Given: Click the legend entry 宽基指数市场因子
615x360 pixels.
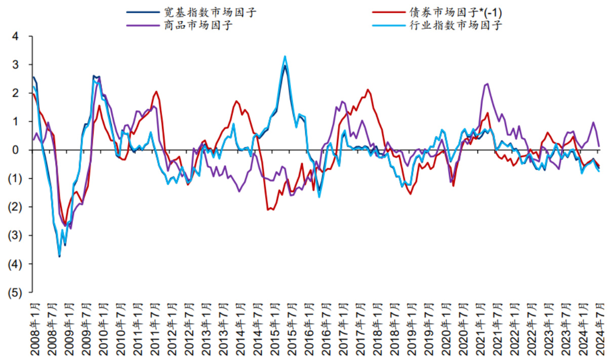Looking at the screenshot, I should click(x=210, y=12).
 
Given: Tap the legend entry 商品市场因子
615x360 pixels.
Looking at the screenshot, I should click(x=198, y=25).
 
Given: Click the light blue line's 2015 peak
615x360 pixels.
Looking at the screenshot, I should click(x=285, y=56).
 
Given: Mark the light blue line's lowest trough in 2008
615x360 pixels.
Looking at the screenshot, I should click(x=60, y=256).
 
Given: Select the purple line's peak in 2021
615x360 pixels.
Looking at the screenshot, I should click(x=487, y=84).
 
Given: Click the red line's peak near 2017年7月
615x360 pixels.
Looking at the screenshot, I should click(x=368, y=90).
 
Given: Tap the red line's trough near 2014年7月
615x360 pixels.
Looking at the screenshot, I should click(x=268, y=209).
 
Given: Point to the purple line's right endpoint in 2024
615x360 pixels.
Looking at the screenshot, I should click(x=599, y=147).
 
